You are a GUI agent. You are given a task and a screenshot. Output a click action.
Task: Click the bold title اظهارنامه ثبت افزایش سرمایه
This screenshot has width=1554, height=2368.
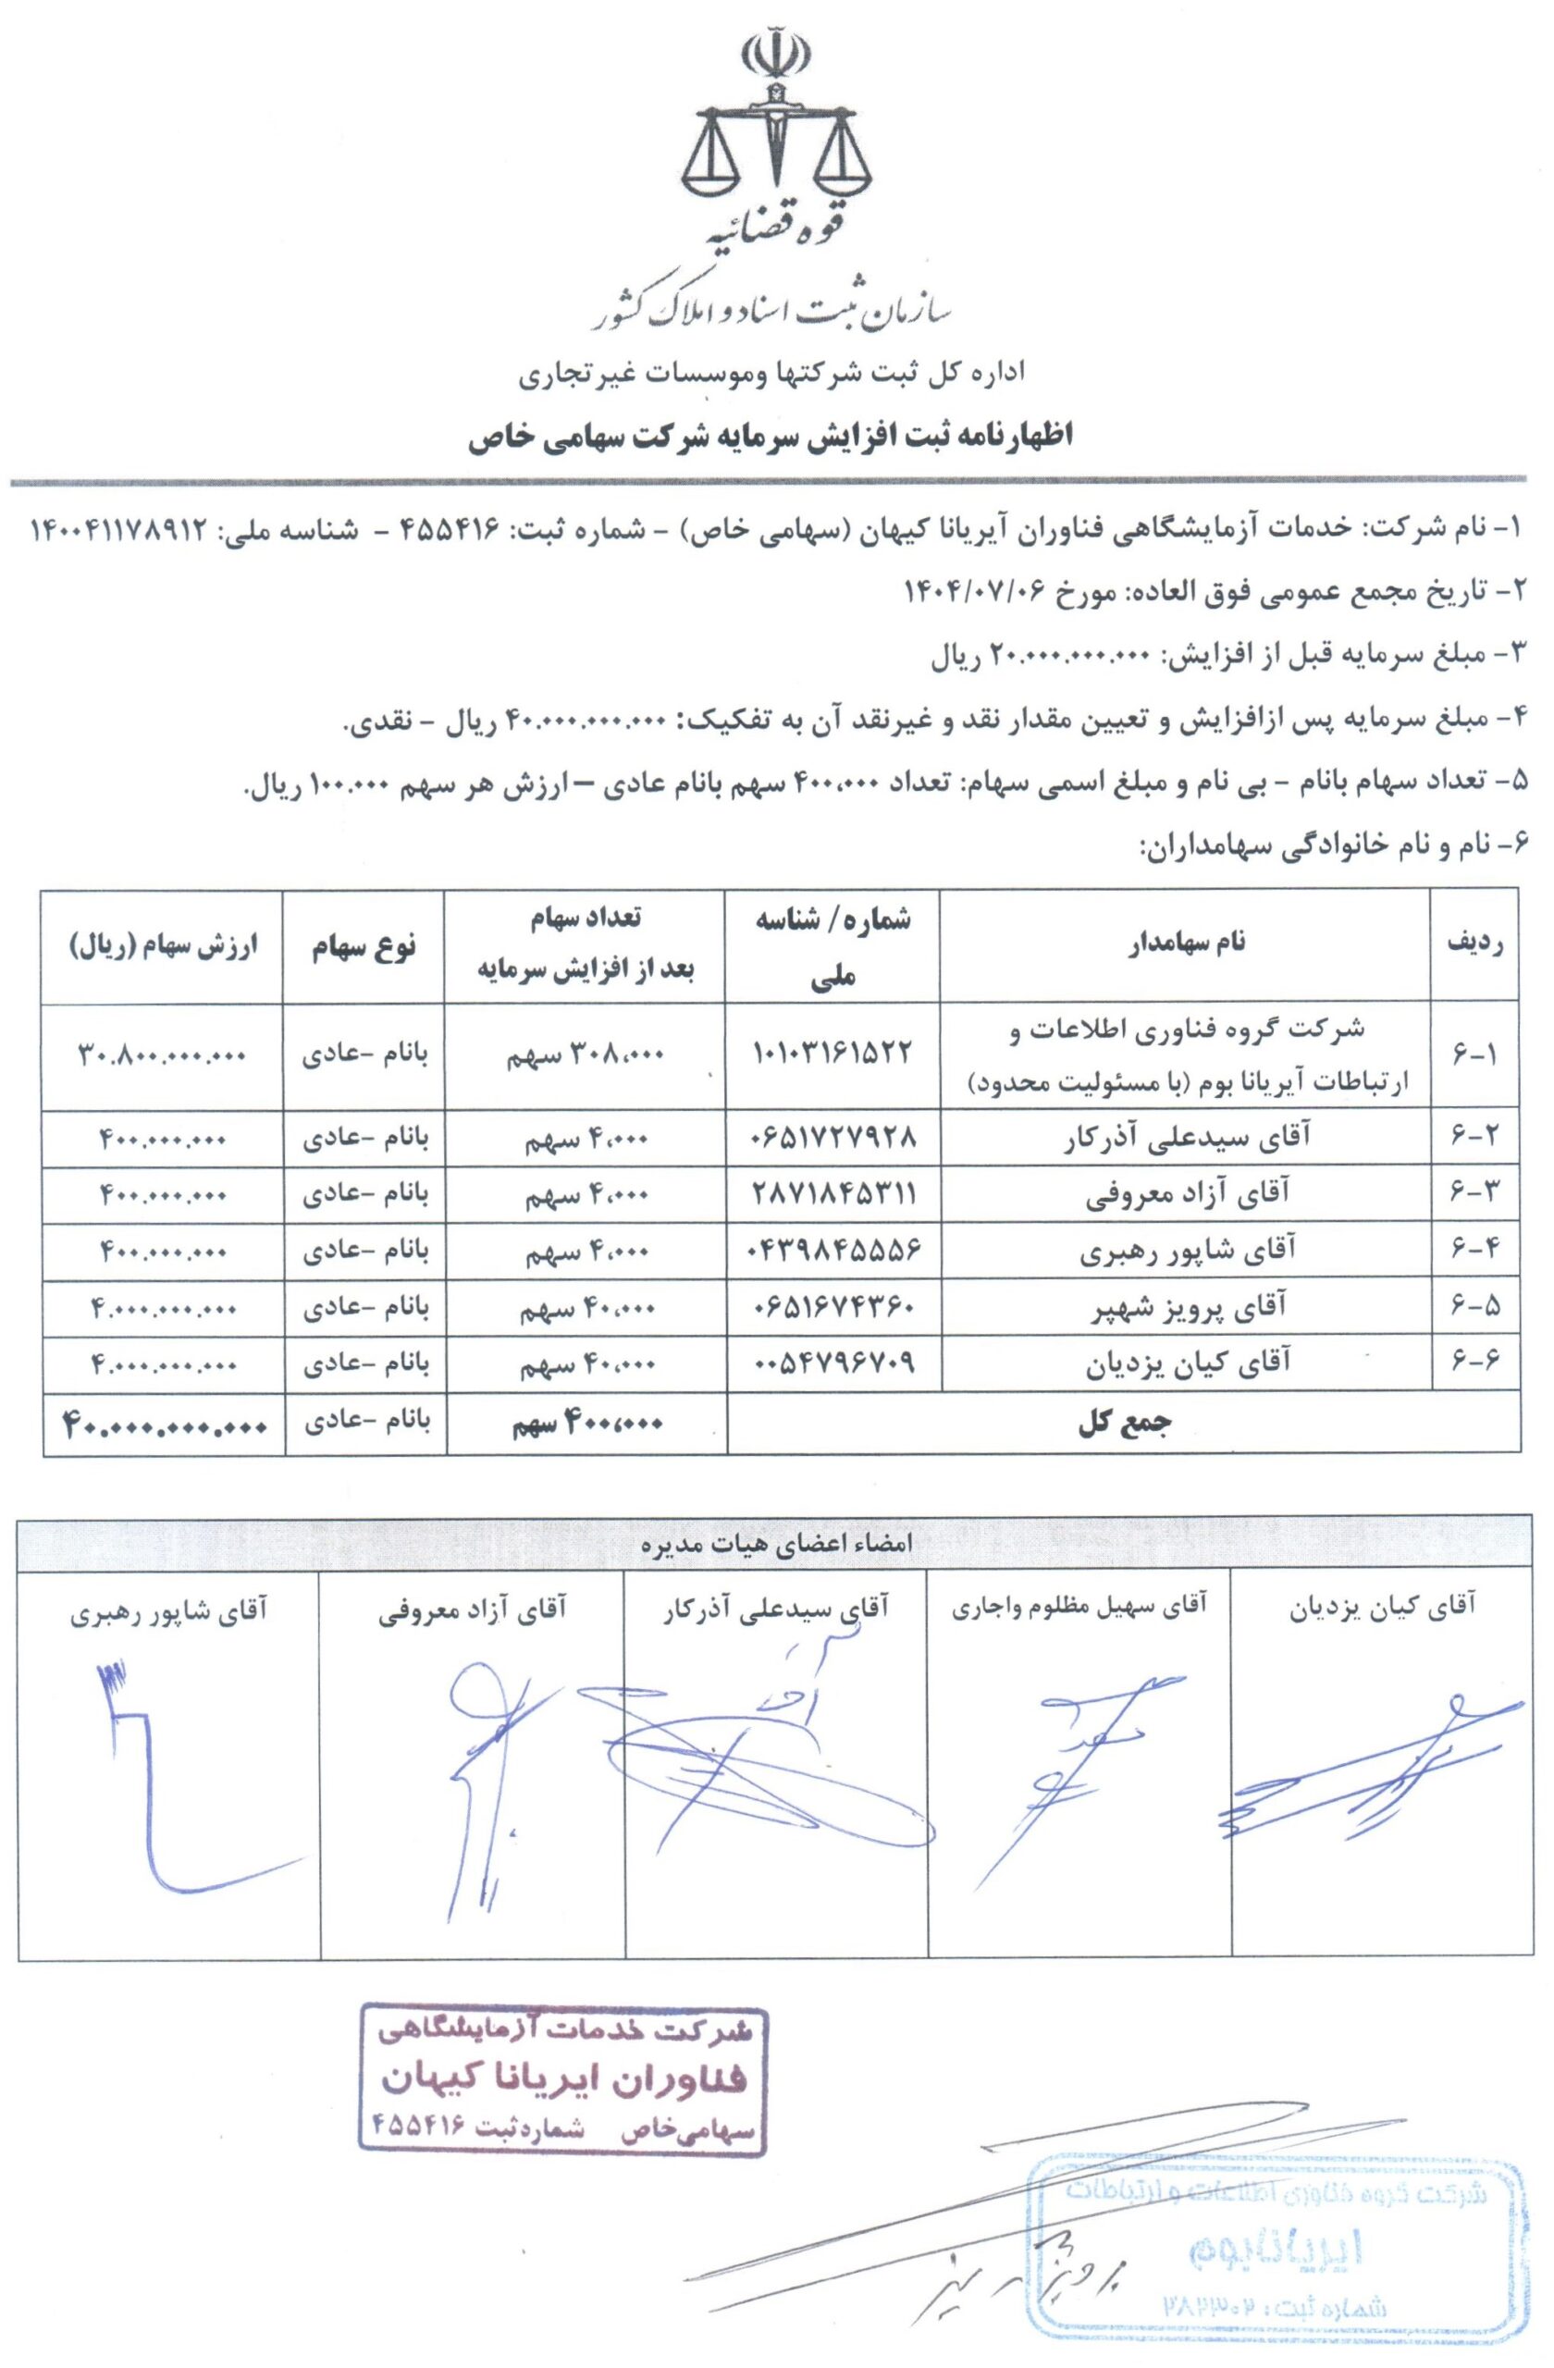point(771,438)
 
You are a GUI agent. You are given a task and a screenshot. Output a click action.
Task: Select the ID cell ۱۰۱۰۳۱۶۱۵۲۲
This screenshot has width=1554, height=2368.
point(834,1053)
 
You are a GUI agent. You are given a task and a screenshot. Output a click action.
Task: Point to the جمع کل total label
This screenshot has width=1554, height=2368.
point(1125,1424)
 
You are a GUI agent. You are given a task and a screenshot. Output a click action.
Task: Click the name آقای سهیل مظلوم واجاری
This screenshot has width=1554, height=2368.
point(1079,1606)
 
